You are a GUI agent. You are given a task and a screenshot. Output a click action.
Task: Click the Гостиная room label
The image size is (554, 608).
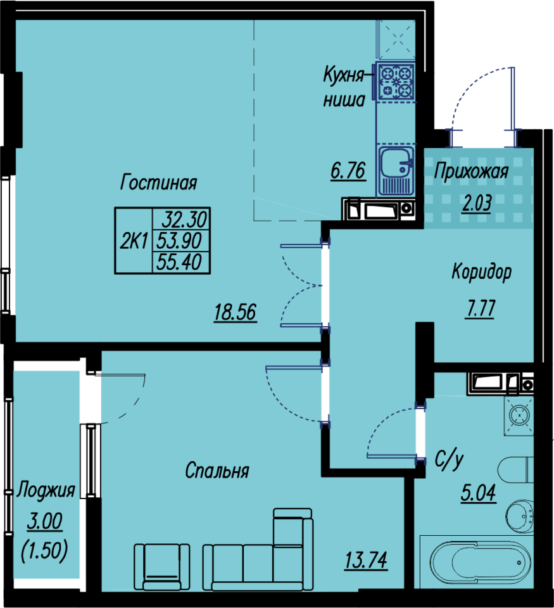tap(158, 182)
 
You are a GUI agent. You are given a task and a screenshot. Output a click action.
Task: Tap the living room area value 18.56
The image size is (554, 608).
tap(236, 312)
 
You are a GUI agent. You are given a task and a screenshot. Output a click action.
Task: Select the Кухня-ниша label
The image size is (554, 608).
tap(344, 87)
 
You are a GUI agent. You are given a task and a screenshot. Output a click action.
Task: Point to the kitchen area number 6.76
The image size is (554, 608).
tap(348, 170)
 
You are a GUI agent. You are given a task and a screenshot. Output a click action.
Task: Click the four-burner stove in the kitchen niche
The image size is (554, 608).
tap(396, 82)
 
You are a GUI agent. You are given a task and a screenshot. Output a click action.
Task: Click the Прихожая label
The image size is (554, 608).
tap(471, 171)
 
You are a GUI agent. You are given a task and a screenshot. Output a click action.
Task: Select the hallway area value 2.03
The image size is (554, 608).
tap(477, 203)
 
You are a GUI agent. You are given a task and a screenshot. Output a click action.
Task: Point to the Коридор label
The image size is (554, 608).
tap(481, 272)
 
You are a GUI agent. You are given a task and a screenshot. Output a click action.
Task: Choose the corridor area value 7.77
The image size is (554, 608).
tap(480, 308)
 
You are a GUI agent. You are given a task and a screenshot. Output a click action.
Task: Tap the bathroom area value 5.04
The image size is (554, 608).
tap(479, 493)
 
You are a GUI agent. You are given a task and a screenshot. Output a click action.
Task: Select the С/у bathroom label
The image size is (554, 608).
tap(449, 460)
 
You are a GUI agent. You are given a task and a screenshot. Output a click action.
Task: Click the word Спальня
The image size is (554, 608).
tap(217, 471)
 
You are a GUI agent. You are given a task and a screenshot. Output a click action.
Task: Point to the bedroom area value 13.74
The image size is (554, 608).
tap(366, 560)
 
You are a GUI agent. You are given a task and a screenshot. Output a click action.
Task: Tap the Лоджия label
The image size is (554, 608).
tap(46, 490)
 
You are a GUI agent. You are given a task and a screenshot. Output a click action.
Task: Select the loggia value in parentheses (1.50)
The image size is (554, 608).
tap(44, 550)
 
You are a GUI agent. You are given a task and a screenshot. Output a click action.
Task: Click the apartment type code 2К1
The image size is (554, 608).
tap(134, 241)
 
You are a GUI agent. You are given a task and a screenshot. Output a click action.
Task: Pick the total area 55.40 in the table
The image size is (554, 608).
tap(179, 262)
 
